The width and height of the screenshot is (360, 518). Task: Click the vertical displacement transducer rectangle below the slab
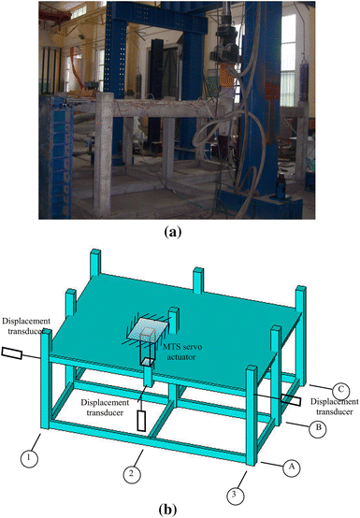[143, 420]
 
